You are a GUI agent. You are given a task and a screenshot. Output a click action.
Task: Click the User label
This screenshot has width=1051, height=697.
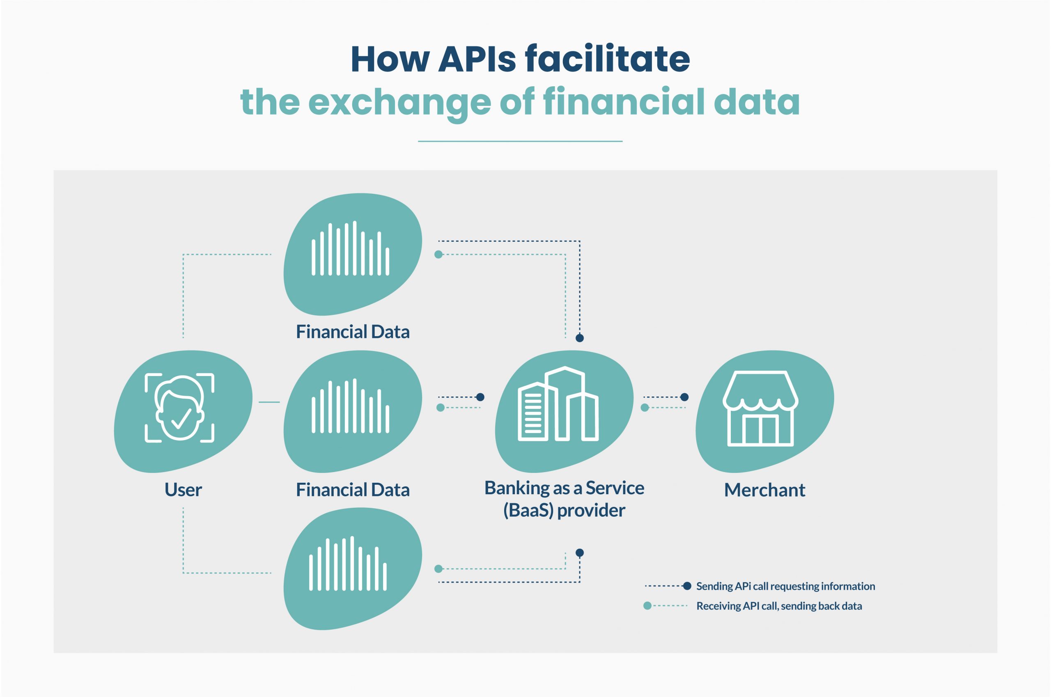pyautogui.click(x=183, y=490)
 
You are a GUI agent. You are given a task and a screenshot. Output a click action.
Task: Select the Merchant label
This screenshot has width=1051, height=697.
pyautogui.click(x=764, y=490)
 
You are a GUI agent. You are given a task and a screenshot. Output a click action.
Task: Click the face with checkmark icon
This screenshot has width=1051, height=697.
pyautogui.click(x=179, y=408)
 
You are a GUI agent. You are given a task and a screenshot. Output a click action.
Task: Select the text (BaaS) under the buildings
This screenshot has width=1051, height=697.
pyautogui.click(x=528, y=510)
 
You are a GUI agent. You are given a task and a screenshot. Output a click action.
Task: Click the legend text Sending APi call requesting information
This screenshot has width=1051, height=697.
pyautogui.click(x=785, y=586)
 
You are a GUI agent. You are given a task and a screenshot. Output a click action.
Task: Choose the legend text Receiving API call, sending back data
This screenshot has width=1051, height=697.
pyautogui.click(x=778, y=606)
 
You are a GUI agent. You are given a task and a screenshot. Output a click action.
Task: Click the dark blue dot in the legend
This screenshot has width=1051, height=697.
pyautogui.click(x=687, y=586)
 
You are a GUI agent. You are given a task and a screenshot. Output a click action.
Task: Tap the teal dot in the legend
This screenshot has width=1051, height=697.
pyautogui.click(x=647, y=605)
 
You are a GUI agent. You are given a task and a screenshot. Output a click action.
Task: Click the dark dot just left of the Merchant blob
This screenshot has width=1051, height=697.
pyautogui.click(x=685, y=397)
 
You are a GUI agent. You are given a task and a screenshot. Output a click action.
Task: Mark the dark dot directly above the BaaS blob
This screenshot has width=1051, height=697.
pyautogui.click(x=580, y=338)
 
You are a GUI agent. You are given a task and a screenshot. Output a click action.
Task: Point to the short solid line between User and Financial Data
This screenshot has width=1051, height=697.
pyautogui.click(x=269, y=402)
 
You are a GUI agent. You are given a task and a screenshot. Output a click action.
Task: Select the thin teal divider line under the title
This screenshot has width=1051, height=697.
pyautogui.click(x=520, y=141)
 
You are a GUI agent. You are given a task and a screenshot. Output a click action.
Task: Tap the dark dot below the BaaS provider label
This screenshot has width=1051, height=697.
pyautogui.click(x=580, y=553)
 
